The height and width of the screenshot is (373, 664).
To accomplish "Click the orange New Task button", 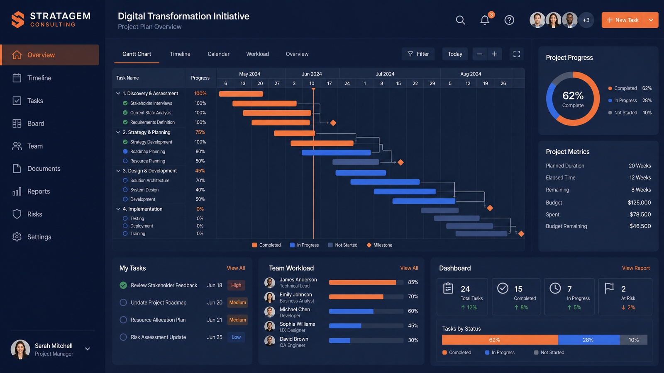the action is [x=623, y=20].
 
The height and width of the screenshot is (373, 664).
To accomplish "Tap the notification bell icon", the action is [x=485, y=20].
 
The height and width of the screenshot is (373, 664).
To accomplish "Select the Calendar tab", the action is [x=218, y=54].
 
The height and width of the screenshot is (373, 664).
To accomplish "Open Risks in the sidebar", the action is [x=35, y=214].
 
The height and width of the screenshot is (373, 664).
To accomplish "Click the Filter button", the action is [x=418, y=54].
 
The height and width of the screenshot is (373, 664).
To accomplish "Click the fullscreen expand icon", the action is [x=516, y=54].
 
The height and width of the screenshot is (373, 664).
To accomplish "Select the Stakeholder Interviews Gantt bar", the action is [x=264, y=103].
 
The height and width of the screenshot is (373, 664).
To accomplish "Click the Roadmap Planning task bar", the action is [x=336, y=153].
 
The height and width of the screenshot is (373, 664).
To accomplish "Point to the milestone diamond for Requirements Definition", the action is [x=333, y=123].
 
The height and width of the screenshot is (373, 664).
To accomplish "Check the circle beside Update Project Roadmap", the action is [x=123, y=303].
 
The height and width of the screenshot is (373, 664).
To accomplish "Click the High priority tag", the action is [x=236, y=286].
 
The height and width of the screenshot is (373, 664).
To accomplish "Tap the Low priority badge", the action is [x=236, y=337].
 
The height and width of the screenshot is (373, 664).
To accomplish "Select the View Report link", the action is [x=636, y=268].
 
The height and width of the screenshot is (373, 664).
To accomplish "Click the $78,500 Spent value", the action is [x=640, y=214].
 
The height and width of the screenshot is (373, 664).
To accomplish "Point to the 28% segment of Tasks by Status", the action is [x=589, y=340].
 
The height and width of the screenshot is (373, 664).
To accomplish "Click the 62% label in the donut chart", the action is [x=573, y=96].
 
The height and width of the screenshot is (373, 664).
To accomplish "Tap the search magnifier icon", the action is [x=460, y=20].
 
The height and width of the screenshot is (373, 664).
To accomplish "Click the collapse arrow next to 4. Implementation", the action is [x=118, y=209].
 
